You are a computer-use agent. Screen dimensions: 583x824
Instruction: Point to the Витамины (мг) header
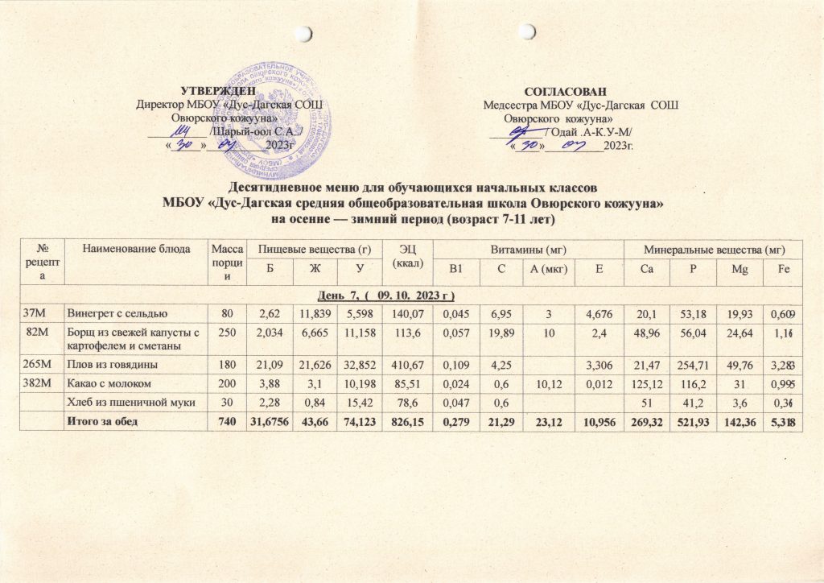[x=526, y=250]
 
